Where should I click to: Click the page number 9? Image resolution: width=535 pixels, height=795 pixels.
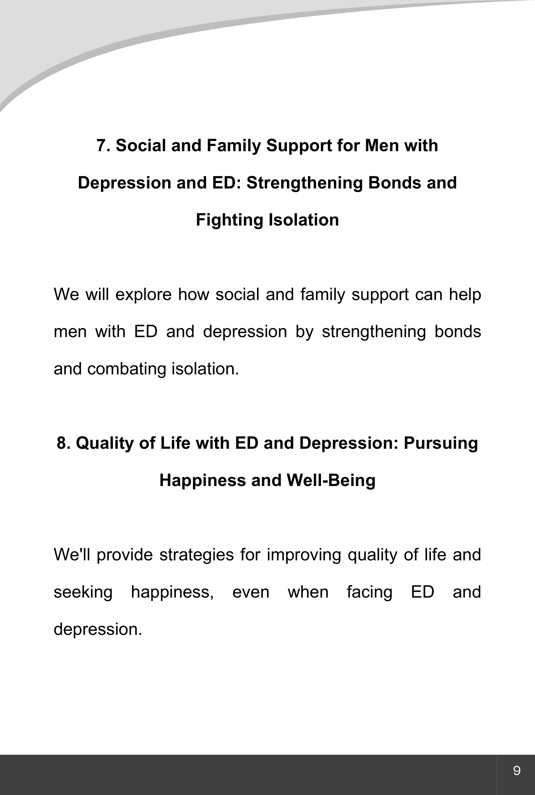tap(516, 770)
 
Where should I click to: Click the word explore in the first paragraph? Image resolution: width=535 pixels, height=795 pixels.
tap(143, 295)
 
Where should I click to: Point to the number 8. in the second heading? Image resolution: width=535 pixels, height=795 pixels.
tap(63, 443)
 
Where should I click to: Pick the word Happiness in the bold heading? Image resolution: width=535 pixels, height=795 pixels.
tap(202, 481)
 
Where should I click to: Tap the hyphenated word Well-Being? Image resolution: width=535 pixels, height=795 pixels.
tap(331, 481)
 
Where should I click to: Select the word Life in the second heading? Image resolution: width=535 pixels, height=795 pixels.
tap(177, 443)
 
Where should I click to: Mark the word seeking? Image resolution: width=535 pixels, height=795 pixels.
tap(83, 593)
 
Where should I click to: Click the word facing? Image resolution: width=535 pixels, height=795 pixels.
tap(370, 593)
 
